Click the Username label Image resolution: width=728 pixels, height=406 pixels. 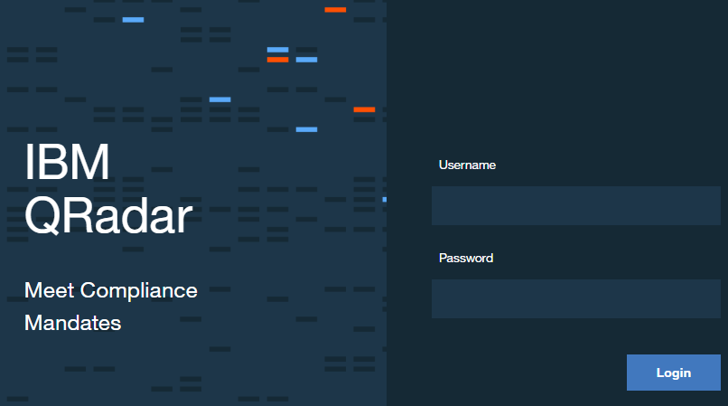pyautogui.click(x=467, y=165)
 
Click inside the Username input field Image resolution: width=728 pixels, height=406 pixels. pyautogui.click(x=575, y=205)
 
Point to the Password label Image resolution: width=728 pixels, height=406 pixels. pyautogui.click(x=466, y=258)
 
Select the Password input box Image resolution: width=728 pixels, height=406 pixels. pyautogui.click(x=575, y=298)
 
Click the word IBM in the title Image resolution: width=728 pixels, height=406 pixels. pyautogui.click(x=67, y=162)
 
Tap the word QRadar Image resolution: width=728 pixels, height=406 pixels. pyautogui.click(x=108, y=216)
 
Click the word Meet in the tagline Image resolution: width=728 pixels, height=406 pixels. pyautogui.click(x=49, y=290)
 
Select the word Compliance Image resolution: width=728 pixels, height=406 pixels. pyautogui.click(x=139, y=291)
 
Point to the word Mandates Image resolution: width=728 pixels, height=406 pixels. pyautogui.click(x=72, y=323)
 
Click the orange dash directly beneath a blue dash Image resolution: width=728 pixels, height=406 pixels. pyautogui.click(x=277, y=60)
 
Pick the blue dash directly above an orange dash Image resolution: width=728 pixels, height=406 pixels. pyautogui.click(x=277, y=50)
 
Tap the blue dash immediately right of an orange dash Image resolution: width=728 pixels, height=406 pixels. pyautogui.click(x=306, y=60)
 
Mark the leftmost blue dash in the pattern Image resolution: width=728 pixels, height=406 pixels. pyautogui.click(x=133, y=20)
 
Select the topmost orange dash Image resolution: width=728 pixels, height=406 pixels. pyautogui.click(x=335, y=10)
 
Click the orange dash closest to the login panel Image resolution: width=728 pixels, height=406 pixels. pyautogui.click(x=364, y=109)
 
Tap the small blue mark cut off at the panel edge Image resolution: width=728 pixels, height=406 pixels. pyautogui.click(x=385, y=200)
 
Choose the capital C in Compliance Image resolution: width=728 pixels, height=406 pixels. pyautogui.click(x=89, y=290)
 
